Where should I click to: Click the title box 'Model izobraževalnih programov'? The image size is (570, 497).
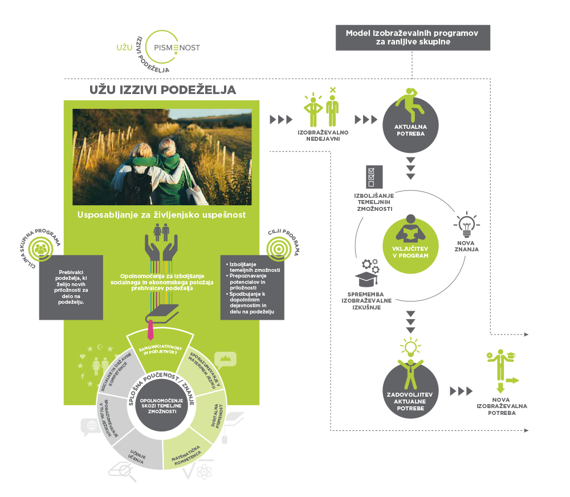click(412, 37)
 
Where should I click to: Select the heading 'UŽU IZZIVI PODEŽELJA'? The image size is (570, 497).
click(163, 90)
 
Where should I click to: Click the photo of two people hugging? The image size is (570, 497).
click(162, 157)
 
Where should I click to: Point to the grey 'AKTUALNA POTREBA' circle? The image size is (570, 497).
click(410, 125)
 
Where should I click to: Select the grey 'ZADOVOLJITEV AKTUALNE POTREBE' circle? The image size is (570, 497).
click(410, 392)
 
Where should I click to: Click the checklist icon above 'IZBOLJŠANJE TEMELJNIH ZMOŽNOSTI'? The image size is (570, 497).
click(372, 177)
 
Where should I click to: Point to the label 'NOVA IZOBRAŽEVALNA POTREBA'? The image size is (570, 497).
click(502, 406)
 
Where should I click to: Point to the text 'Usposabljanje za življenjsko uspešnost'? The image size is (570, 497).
click(162, 215)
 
